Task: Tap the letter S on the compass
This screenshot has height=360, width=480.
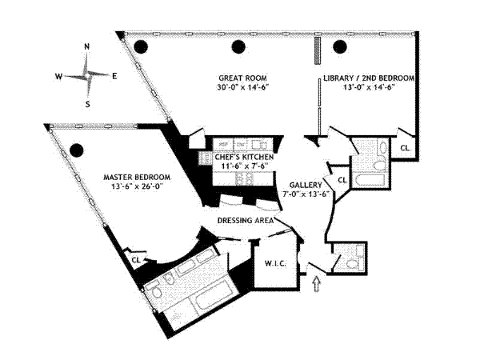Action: [87, 104]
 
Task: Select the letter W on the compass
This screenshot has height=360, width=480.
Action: [58, 77]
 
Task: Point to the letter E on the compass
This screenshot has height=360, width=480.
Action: [115, 76]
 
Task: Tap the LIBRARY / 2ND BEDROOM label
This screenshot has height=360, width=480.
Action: [369, 78]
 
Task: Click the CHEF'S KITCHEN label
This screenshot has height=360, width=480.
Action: [245, 158]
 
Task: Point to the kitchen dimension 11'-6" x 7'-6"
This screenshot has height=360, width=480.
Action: [245, 167]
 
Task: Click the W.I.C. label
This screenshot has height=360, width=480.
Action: [266, 262]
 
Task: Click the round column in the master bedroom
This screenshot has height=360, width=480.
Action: [77, 150]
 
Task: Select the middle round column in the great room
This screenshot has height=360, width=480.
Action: [239, 46]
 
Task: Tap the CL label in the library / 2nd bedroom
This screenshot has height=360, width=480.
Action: [405, 148]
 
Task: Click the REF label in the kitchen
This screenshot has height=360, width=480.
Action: [223, 145]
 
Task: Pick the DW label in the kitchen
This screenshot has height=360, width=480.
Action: [239, 145]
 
